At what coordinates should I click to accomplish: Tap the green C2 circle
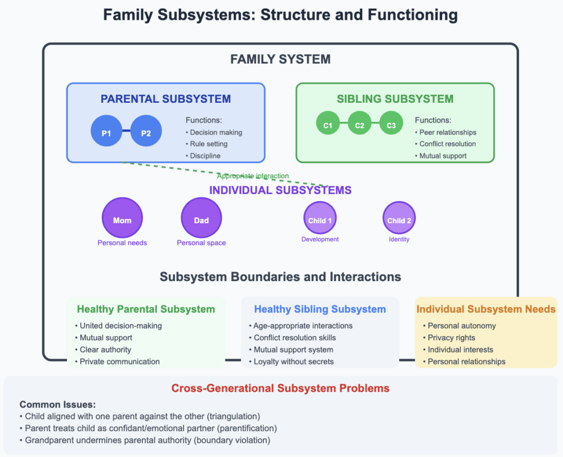click(x=360, y=125)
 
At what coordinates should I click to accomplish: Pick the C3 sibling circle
click(x=391, y=125)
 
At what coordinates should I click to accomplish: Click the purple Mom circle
click(x=122, y=220)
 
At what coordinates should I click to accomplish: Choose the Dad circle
click(x=201, y=220)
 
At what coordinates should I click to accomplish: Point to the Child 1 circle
click(x=320, y=220)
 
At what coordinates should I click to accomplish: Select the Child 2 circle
click(x=399, y=220)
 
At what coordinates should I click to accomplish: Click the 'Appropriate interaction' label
click(x=253, y=176)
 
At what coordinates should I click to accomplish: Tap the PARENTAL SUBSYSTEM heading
click(x=165, y=99)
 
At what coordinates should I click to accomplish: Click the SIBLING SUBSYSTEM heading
click(x=395, y=99)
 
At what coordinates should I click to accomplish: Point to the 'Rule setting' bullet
click(x=208, y=144)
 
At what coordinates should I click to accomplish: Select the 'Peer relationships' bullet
click(x=448, y=132)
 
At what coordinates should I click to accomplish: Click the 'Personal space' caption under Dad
click(x=201, y=243)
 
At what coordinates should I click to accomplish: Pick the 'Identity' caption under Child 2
click(x=399, y=239)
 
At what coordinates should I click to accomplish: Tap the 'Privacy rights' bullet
click(x=451, y=338)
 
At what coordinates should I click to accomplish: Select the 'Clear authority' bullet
click(x=105, y=350)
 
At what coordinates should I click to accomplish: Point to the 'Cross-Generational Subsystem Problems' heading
click(x=280, y=388)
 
